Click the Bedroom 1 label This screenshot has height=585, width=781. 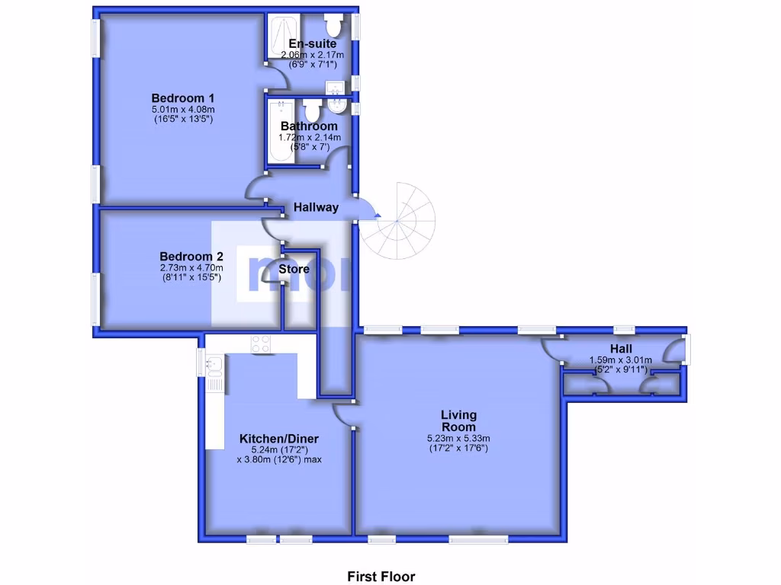pyautogui.click(x=182, y=97)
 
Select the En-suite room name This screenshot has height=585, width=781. pyautogui.click(x=313, y=44)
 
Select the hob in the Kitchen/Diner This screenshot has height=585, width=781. pyautogui.click(x=262, y=344)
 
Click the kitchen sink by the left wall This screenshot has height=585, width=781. pyautogui.click(x=213, y=366)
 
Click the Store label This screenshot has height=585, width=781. pyautogui.click(x=294, y=269)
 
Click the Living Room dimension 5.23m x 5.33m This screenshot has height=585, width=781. pyautogui.click(x=458, y=438)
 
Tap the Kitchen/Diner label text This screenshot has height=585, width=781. pyautogui.click(x=279, y=439)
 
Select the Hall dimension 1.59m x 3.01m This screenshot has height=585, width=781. pyautogui.click(x=620, y=360)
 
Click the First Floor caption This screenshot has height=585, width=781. pyautogui.click(x=381, y=577)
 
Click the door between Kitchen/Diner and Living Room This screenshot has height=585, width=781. pyautogui.click(x=342, y=414)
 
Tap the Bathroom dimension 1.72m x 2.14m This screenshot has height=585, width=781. pyautogui.click(x=309, y=137)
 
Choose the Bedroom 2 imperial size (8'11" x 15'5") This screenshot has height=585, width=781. pyautogui.click(x=191, y=278)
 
